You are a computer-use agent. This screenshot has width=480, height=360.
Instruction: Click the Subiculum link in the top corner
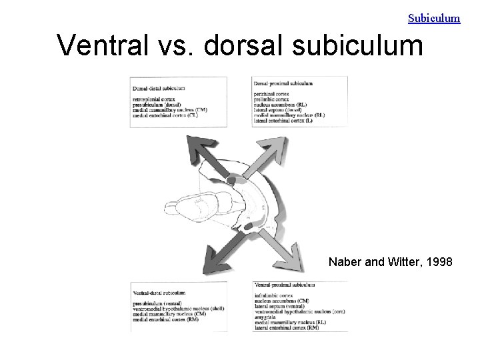pos(434,18)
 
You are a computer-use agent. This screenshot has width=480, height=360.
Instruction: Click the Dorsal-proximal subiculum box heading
pos(283,83)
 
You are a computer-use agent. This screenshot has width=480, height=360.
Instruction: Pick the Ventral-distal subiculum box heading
pos(159,293)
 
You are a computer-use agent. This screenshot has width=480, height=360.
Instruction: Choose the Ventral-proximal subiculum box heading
pos(284,285)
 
